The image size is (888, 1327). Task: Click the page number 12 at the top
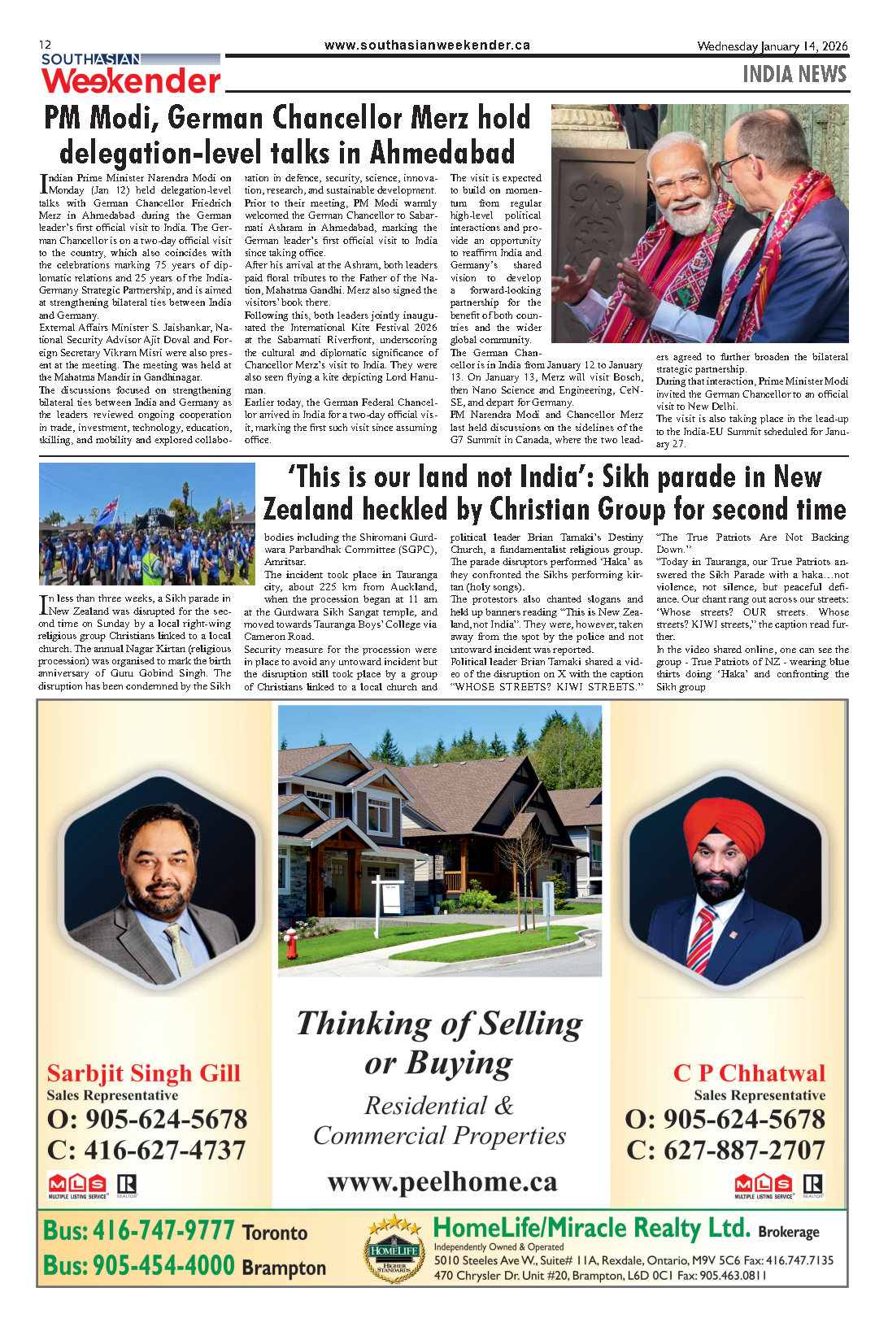pyautogui.click(x=45, y=45)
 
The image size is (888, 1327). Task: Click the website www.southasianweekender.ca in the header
pyautogui.click(x=427, y=46)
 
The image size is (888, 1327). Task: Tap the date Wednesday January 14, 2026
pyautogui.click(x=772, y=46)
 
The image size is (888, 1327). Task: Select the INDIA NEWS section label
pyautogui.click(x=794, y=74)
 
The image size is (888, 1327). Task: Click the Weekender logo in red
pyautogui.click(x=131, y=80)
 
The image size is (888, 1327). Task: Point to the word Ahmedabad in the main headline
pyautogui.click(x=442, y=153)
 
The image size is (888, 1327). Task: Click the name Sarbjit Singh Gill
pyautogui.click(x=143, y=1073)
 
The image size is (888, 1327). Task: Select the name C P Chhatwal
pyautogui.click(x=748, y=1073)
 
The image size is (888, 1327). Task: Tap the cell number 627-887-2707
pyautogui.click(x=744, y=1150)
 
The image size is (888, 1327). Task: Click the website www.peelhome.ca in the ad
pyautogui.click(x=442, y=1181)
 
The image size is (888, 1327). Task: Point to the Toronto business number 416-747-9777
pyautogui.click(x=163, y=1231)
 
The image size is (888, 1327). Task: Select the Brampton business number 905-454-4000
pyautogui.click(x=163, y=1266)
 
